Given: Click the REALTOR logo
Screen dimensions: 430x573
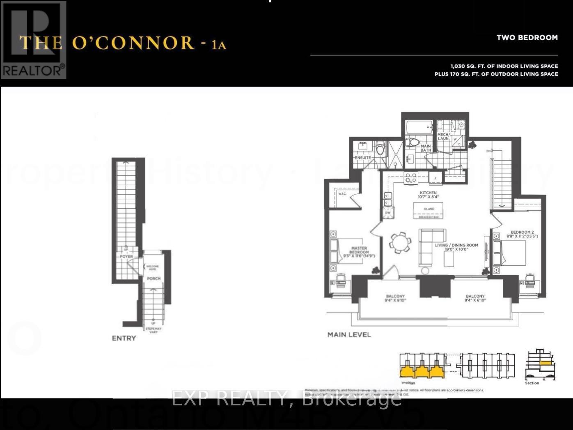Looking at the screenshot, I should tap(34, 40).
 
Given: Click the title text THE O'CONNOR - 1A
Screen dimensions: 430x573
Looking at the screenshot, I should tap(123, 43).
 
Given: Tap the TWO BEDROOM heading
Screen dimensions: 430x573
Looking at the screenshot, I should tap(527, 38).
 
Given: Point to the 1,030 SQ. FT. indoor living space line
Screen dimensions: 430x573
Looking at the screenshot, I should tap(504, 66).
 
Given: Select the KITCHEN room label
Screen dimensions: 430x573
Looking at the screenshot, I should tap(428, 194).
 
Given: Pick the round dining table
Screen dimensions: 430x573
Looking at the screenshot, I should tap(399, 243).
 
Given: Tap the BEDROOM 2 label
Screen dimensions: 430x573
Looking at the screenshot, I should tap(522, 234).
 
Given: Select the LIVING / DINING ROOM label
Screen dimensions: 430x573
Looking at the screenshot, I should tap(456, 247).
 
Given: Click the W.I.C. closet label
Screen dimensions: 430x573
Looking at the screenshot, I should tap(342, 194).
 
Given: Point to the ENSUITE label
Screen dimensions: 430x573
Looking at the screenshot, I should tap(362, 158).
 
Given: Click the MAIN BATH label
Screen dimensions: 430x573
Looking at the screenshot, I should tap(426, 148).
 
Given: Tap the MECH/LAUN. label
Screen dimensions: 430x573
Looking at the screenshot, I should tap(443, 136).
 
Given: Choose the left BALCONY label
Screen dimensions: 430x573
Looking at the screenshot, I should tap(395, 298).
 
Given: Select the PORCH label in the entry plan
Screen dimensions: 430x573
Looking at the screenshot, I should tap(154, 278).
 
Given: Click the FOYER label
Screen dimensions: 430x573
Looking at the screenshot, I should tap(126, 256).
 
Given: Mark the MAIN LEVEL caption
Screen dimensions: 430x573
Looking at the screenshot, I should tap(349, 334).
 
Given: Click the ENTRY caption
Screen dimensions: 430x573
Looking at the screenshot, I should tap(124, 338).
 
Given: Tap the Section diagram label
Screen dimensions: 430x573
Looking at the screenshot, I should tap(532, 383).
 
